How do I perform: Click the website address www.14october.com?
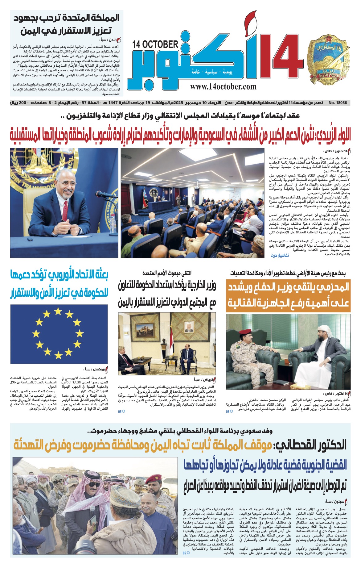point(223,87)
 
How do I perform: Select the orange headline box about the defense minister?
point(289,295)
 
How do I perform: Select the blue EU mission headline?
point(59,285)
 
